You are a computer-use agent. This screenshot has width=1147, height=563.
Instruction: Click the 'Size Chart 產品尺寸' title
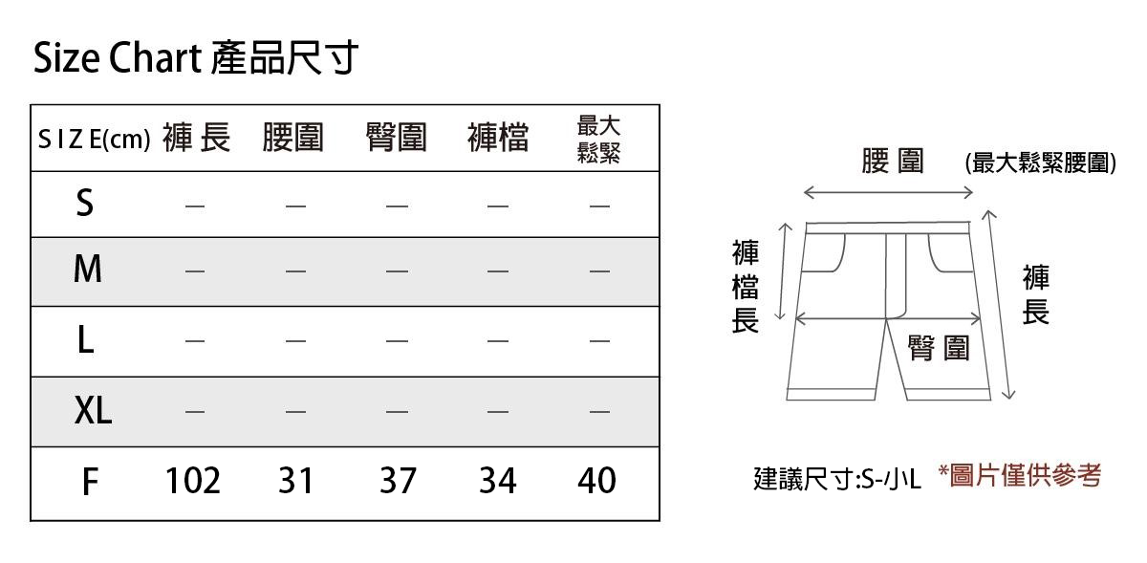[x=196, y=59]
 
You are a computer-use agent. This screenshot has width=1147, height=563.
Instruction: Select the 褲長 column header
[x=196, y=139]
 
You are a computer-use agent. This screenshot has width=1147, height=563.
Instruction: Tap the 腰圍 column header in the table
[x=293, y=139]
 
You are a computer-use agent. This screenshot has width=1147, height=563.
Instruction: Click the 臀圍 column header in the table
[x=396, y=139]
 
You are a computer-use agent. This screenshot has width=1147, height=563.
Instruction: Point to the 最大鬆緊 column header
[x=599, y=139]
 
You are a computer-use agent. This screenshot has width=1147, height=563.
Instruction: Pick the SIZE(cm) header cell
[x=95, y=140]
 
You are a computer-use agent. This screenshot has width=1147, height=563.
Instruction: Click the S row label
[x=85, y=203]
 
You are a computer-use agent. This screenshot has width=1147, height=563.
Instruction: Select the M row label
[x=87, y=271]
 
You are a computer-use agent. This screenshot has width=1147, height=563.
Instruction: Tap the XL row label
[x=93, y=412]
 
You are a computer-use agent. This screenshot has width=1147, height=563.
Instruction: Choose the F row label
[x=89, y=482]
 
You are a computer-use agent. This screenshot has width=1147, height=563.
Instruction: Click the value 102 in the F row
[x=192, y=481]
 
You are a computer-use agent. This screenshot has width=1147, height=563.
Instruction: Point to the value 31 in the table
[x=296, y=481]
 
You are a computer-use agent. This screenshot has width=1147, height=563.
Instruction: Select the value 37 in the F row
[x=398, y=481]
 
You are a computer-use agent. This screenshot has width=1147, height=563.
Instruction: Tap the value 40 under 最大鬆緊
[x=596, y=481]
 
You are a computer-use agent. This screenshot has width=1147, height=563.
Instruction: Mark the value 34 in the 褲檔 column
[x=498, y=481]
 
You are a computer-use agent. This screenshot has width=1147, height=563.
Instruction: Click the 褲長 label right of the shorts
[x=1035, y=295]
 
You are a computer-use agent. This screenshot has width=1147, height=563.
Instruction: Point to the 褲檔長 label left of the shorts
[x=746, y=287]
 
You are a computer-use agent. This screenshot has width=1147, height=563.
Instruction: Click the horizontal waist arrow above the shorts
[x=888, y=193]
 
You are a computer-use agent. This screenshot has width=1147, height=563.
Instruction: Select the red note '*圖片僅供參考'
[x=1019, y=475]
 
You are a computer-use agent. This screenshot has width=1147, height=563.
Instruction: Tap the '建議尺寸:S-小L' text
[x=836, y=479]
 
